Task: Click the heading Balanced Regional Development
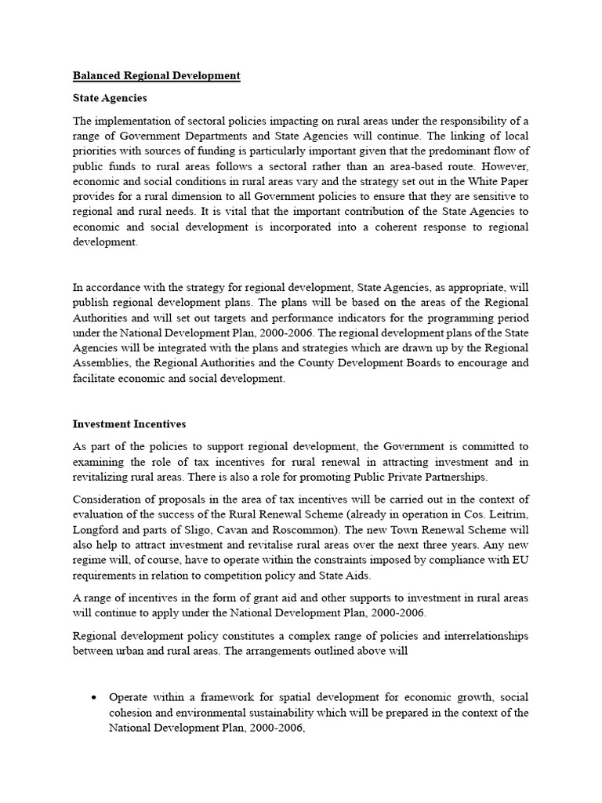pos(156,76)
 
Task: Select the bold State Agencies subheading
pos(110,99)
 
